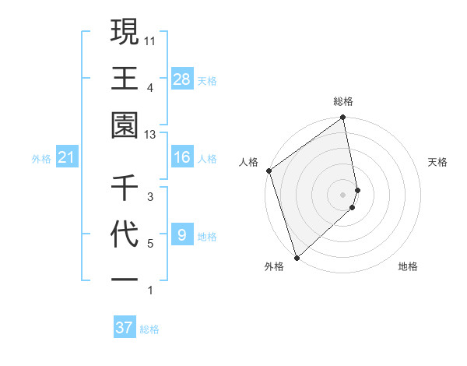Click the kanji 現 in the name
pyautogui.click(x=125, y=33)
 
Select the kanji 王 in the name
pyautogui.click(x=125, y=79)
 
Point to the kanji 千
pyautogui.click(x=125, y=188)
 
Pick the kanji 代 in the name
pyautogui.click(x=125, y=235)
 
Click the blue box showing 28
pyautogui.click(x=182, y=79)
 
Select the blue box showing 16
pyautogui.click(x=182, y=158)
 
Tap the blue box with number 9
pyautogui.click(x=181, y=235)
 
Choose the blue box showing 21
pyautogui.click(x=67, y=158)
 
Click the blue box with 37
pyautogui.click(x=125, y=328)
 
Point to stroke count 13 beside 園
pyautogui.click(x=151, y=135)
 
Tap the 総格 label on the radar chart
pyautogui.click(x=343, y=101)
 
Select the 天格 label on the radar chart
pyautogui.click(x=438, y=162)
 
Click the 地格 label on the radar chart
pyautogui.click(x=408, y=266)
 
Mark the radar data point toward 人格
pyautogui.click(x=269, y=171)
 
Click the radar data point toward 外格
pyautogui.click(x=297, y=257)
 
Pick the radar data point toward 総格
pyautogui.click(x=343, y=118)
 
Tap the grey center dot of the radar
pyautogui.click(x=343, y=194)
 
